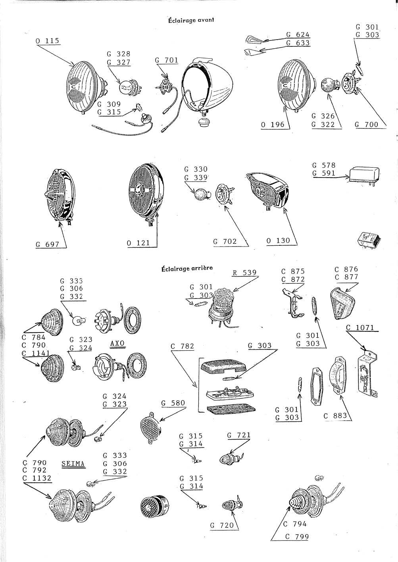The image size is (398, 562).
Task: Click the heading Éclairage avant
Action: (191, 20)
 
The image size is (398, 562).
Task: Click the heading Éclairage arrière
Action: (187, 268)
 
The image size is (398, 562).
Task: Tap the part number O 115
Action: (48, 41)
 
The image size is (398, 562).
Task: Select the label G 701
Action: (166, 60)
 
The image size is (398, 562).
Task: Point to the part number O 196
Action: (273, 124)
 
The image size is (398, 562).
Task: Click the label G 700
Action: (366, 124)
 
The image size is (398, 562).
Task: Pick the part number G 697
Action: (48, 244)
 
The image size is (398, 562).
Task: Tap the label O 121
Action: (138, 243)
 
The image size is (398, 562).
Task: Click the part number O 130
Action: (279, 241)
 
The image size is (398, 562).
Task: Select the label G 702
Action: (225, 241)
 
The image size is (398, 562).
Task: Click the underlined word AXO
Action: (117, 343)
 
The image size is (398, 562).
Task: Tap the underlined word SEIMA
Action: (73, 464)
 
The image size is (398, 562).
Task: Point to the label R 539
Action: (245, 273)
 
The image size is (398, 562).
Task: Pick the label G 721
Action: (239, 435)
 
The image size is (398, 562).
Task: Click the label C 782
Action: (183, 346)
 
